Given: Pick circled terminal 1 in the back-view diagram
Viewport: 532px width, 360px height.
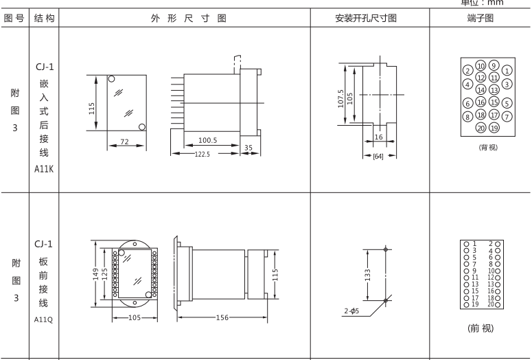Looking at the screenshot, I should (507, 70).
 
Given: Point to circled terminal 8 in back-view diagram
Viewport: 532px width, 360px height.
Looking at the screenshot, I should (467, 116).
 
